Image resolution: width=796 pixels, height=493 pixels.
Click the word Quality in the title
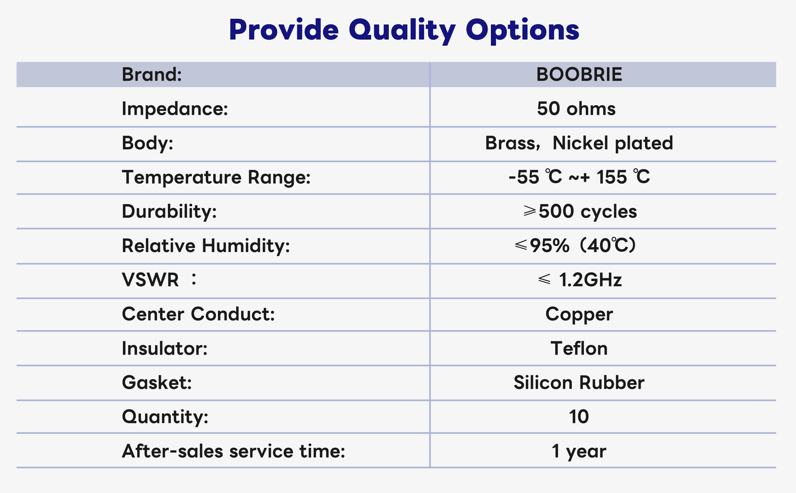point(402,30)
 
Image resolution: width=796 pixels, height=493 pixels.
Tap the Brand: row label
point(151,74)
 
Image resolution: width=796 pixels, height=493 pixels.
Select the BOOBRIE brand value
point(579,74)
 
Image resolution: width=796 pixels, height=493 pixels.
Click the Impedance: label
point(175,109)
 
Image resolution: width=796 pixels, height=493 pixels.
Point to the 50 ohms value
point(576,109)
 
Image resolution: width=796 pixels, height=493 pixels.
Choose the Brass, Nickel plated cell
point(579,143)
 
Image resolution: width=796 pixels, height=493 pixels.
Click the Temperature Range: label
point(216,178)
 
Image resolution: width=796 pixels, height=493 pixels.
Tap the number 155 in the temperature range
point(611,177)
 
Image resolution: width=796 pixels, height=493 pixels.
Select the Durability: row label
point(169,211)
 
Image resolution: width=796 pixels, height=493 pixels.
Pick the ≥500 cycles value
point(580,211)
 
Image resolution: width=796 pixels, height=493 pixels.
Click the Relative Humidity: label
point(206,246)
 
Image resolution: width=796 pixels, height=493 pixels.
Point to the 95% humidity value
point(549,245)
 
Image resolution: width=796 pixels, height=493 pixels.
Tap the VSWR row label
point(159,280)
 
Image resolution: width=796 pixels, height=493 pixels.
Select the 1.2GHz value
point(590,280)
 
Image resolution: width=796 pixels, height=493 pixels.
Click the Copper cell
point(579,314)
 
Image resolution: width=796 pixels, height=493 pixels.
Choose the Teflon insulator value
point(579,348)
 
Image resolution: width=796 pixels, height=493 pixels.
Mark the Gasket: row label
point(156,383)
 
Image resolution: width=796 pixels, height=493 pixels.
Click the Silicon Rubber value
point(579,383)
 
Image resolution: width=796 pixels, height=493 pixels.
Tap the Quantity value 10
point(579,417)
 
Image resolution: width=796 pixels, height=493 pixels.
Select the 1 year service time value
point(579,452)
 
